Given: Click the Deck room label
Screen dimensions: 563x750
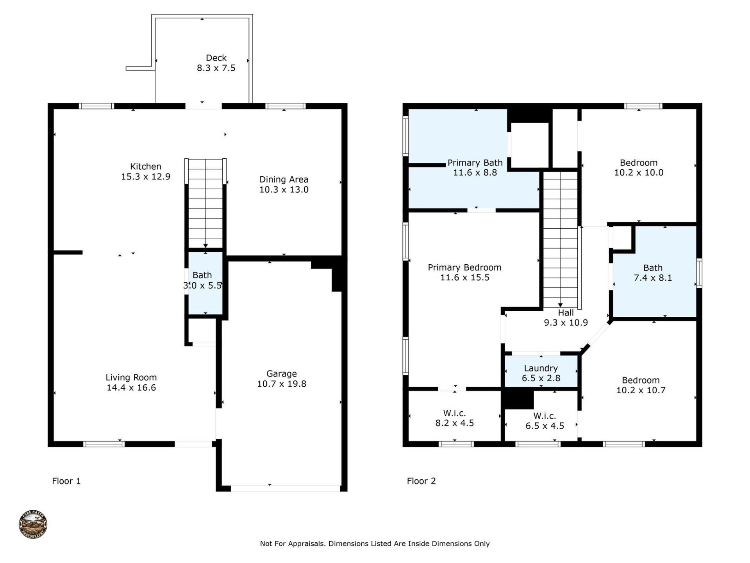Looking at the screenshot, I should click(216, 58).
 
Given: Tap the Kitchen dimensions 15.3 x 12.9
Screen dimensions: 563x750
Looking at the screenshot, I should click(146, 177).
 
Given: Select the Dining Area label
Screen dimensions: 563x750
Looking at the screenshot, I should click(284, 179).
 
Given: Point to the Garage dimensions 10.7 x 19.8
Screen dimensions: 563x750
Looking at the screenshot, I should click(281, 384).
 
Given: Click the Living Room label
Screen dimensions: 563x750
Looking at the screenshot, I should click(131, 377).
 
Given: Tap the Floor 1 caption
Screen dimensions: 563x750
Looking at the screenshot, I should click(66, 481).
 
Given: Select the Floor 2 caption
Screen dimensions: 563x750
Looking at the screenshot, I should click(421, 481).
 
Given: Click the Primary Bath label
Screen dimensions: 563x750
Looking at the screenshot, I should click(475, 163).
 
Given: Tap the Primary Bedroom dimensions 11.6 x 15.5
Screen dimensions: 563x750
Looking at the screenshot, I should click(464, 278).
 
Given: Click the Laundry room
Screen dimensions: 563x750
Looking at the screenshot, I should click(541, 373).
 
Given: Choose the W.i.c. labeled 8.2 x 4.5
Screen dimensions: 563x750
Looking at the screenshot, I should click(454, 418).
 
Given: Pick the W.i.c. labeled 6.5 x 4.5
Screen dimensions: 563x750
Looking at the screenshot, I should click(545, 421).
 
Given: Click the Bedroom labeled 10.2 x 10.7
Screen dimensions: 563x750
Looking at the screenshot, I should click(641, 385).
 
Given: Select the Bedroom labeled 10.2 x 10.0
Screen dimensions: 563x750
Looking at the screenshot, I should click(639, 167).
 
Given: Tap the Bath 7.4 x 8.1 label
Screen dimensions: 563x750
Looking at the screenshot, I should click(653, 273).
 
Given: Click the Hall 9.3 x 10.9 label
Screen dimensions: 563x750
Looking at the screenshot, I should click(566, 317).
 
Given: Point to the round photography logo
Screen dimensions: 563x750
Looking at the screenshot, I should click(33, 524).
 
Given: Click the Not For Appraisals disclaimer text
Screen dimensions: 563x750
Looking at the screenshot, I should click(375, 543).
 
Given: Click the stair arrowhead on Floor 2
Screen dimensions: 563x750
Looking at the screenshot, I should click(560, 305).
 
